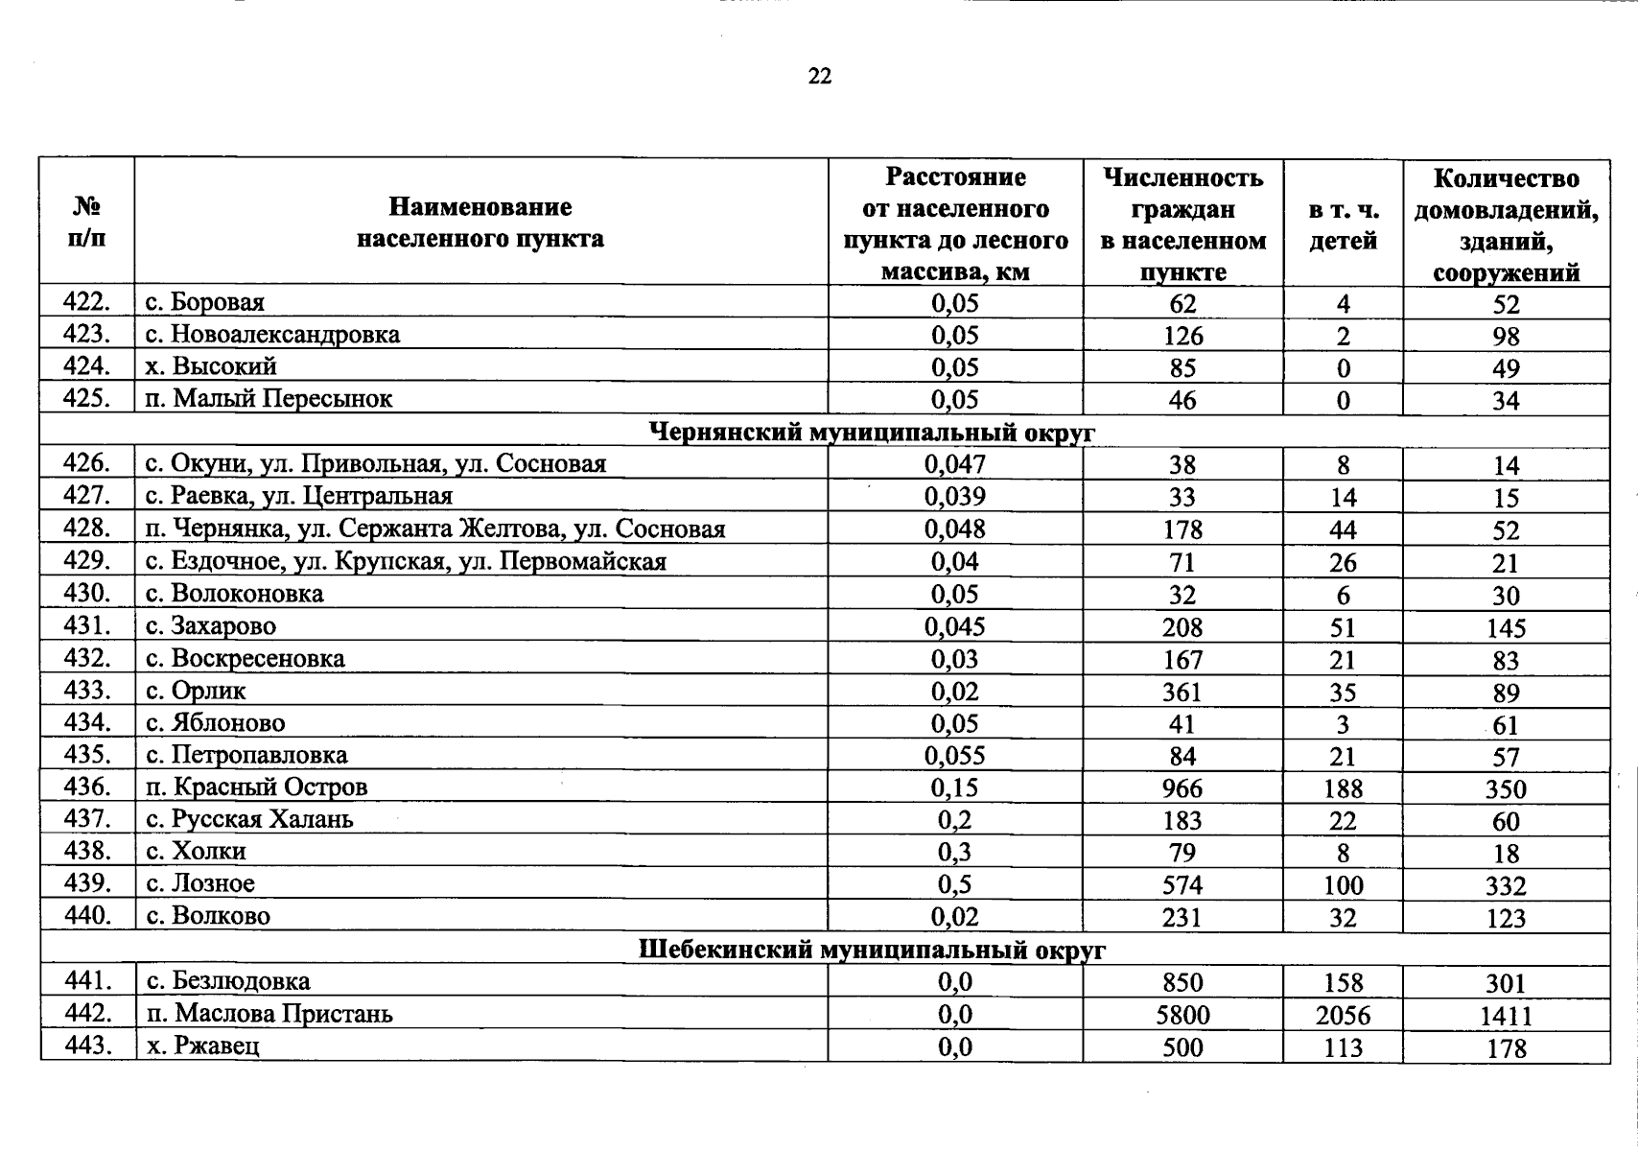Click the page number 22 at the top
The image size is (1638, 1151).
click(819, 77)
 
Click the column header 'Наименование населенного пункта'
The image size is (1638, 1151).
click(480, 223)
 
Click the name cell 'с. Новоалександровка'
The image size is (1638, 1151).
click(272, 335)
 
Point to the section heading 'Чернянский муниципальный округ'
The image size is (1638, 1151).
click(872, 433)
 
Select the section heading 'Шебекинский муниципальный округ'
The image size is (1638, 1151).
click(872, 950)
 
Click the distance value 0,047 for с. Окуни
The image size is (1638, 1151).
click(954, 465)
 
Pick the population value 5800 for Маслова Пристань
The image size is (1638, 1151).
click(1182, 1015)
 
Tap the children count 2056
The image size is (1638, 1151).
click(1343, 1015)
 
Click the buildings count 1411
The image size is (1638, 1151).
click(1505, 1016)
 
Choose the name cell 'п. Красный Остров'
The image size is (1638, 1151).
click(256, 787)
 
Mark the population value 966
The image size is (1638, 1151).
click(1182, 788)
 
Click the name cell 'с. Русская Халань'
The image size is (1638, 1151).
click(249, 820)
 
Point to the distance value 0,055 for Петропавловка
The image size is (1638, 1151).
click(954, 756)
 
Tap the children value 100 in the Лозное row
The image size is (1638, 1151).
click(1343, 885)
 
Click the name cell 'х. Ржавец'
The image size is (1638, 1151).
click(202, 1045)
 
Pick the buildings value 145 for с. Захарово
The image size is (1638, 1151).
click(1505, 628)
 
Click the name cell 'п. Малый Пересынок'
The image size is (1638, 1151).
click(269, 399)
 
